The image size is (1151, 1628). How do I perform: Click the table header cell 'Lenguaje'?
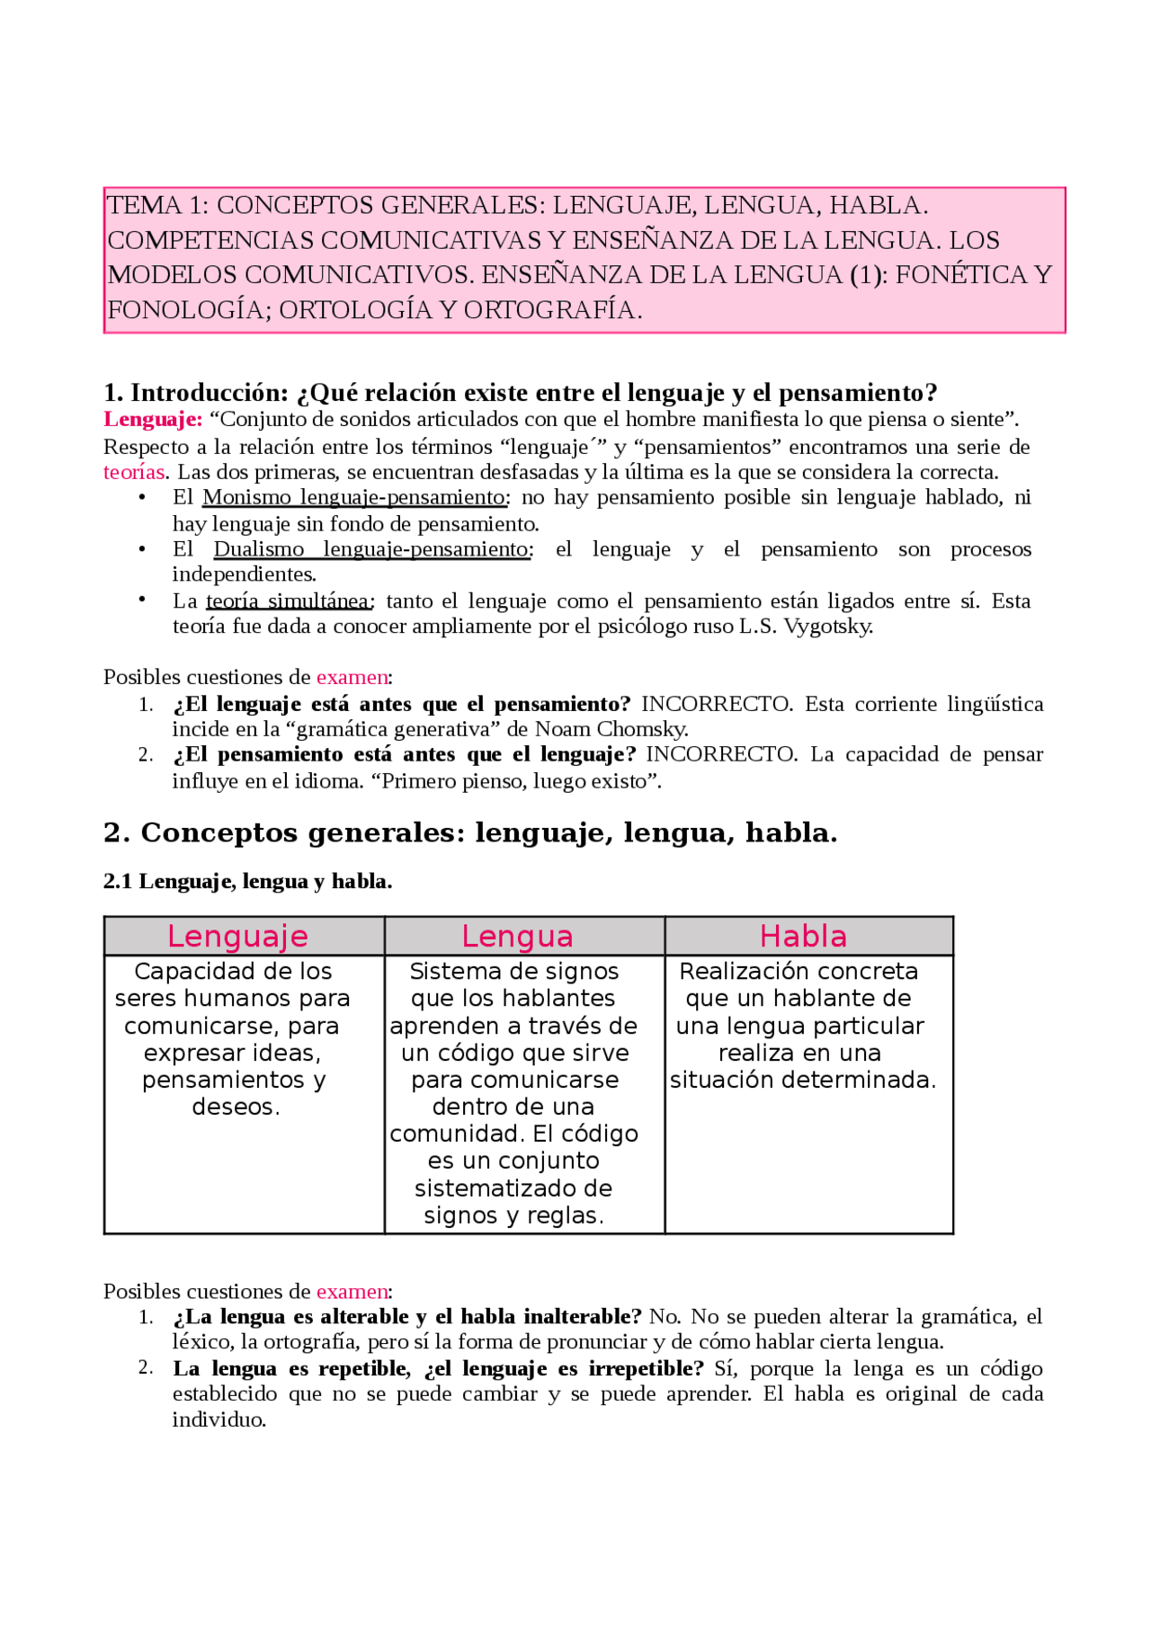point(237,936)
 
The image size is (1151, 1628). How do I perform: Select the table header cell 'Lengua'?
point(517,936)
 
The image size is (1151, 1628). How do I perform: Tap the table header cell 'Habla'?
point(803,936)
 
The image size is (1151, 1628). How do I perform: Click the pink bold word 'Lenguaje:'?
point(153,419)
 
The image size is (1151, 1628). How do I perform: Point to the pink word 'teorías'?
point(134,472)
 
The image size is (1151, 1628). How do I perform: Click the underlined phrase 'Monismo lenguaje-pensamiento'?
point(354,497)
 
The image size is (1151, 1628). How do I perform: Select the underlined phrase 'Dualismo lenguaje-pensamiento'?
point(371,549)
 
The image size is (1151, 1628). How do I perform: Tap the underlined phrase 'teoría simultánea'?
point(288,600)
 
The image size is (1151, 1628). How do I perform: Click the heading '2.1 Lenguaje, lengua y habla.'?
point(247,881)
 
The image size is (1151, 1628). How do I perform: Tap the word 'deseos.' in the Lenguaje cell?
point(236,1107)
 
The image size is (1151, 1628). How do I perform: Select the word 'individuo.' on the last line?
point(219,1420)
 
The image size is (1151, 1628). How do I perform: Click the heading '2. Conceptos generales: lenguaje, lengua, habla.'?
point(470,832)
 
